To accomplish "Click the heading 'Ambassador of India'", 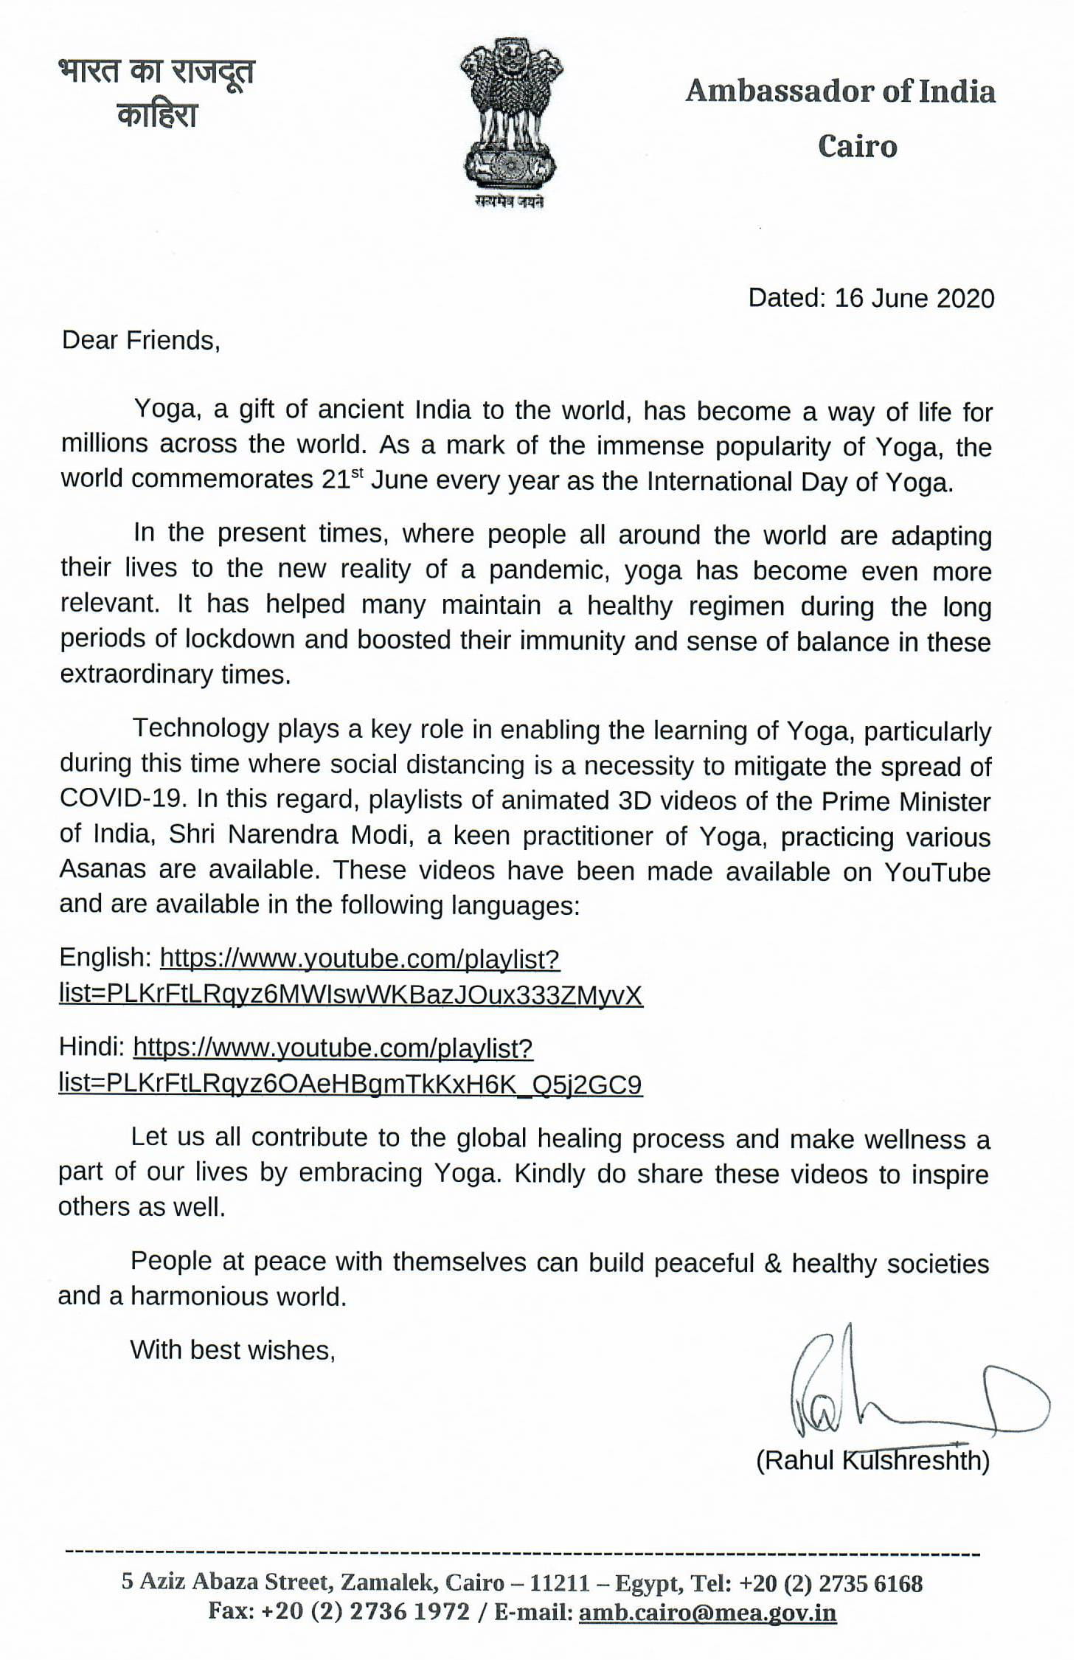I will pyautogui.click(x=840, y=91).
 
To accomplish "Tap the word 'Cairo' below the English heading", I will pyautogui.click(x=857, y=146).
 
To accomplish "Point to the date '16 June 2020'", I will pyautogui.click(x=914, y=298).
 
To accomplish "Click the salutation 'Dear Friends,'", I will pyautogui.click(x=141, y=340).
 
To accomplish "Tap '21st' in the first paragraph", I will pyautogui.click(x=343, y=480).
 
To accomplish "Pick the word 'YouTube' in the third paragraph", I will pyautogui.click(x=937, y=871).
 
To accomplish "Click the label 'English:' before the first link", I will pyautogui.click(x=105, y=958).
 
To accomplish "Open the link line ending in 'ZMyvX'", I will pyautogui.click(x=350, y=995).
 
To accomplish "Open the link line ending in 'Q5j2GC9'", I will pyautogui.click(x=350, y=1084).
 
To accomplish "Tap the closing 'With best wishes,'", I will pyautogui.click(x=232, y=1350).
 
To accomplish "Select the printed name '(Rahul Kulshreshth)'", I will pyautogui.click(x=872, y=1460).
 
